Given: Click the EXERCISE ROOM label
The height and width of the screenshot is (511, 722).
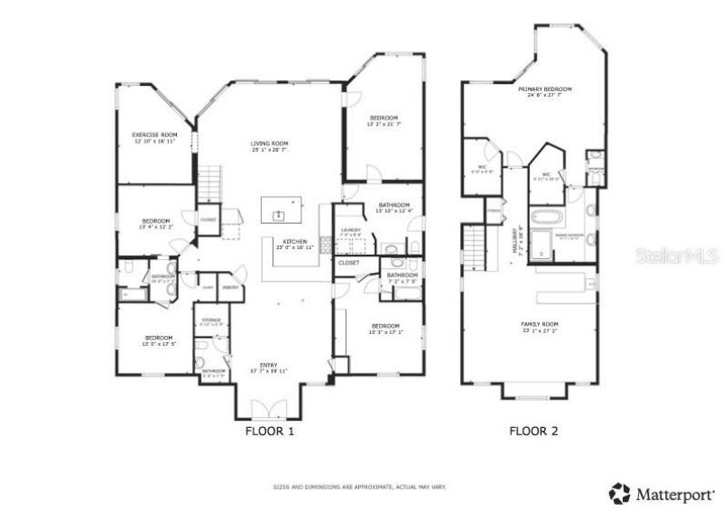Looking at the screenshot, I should coord(153,135).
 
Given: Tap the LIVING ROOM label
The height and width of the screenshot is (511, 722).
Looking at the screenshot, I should coord(269,144).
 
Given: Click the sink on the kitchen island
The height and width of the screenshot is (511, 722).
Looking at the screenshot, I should coord(280,214).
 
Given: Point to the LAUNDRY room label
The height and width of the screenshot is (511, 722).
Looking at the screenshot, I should coord(351,229).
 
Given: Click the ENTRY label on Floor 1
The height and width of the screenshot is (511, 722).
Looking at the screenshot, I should coord(269,365).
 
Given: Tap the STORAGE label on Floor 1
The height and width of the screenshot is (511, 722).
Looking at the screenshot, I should coord(211,319).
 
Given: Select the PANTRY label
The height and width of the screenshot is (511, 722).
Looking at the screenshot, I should coord(229,286).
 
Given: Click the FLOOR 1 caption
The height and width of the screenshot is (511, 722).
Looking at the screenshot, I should coord(270,432).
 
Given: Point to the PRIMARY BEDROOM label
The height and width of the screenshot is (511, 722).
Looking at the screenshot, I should coord(545,89).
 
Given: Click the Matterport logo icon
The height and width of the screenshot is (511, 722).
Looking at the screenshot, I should coord(620,493).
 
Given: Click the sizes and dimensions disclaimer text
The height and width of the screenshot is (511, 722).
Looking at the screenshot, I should coord(359,487).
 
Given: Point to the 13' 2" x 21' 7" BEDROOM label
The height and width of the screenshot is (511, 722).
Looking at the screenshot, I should coord(384,119).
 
